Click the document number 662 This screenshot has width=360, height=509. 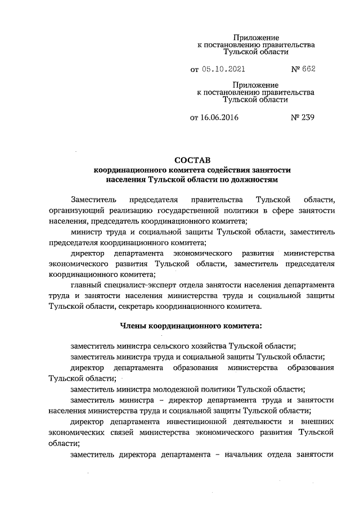(308, 70)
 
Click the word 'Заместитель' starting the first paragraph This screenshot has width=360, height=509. (94, 200)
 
